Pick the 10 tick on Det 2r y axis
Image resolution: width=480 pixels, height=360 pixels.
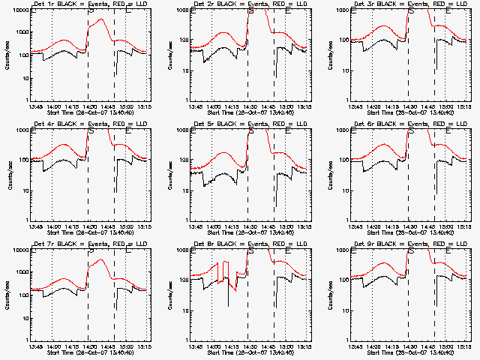(179, 70)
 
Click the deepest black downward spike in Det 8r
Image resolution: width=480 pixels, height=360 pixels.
(229, 306)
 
